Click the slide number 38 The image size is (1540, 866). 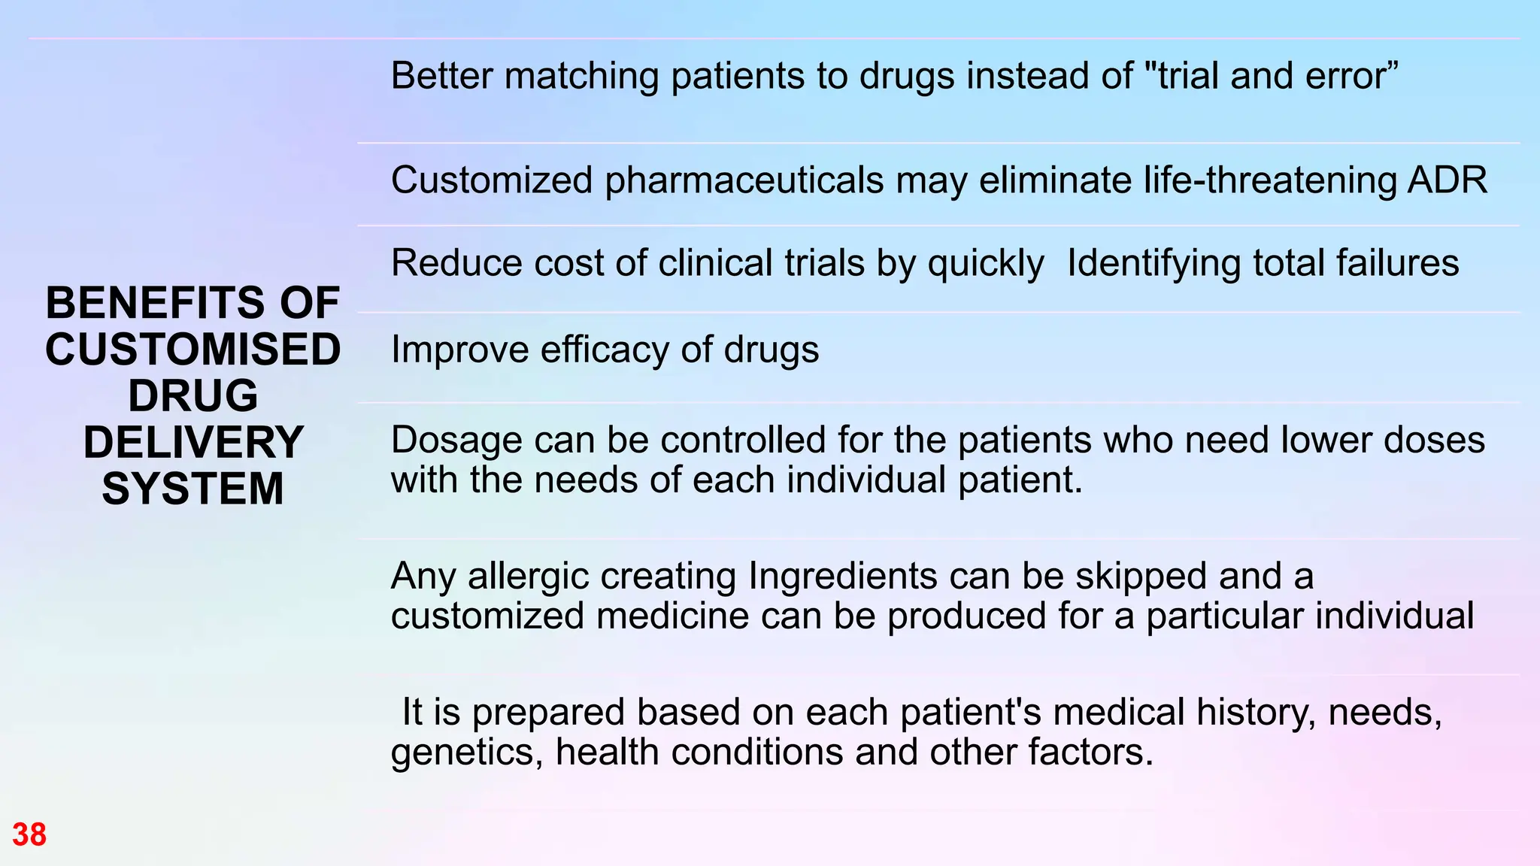pyautogui.click(x=29, y=834)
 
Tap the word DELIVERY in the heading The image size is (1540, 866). pyautogui.click(x=193, y=442)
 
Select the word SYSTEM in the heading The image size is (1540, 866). pyautogui.click(x=193, y=489)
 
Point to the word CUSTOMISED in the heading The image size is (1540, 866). pyautogui.click(x=193, y=350)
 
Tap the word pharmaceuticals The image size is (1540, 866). pyautogui.click(x=744, y=180)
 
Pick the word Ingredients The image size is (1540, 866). pyautogui.click(x=842, y=577)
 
